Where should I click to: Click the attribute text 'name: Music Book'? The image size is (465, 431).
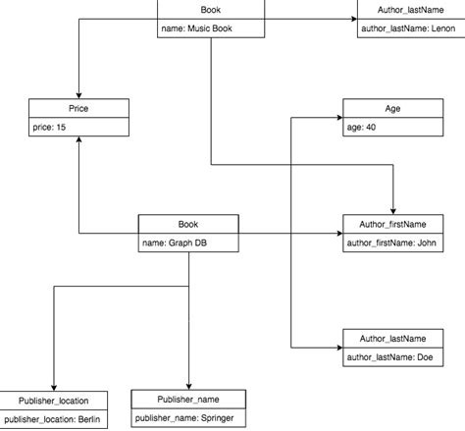point(194,28)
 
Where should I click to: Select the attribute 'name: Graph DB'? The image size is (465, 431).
point(173,242)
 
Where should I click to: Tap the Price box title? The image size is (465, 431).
point(78,109)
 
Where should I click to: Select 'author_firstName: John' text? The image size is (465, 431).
point(389,242)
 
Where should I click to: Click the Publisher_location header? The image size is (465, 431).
point(54,401)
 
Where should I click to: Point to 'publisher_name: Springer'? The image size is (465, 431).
point(186,418)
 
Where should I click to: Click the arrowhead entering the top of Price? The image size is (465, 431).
point(78,95)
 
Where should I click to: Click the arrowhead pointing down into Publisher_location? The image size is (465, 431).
point(54,387)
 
